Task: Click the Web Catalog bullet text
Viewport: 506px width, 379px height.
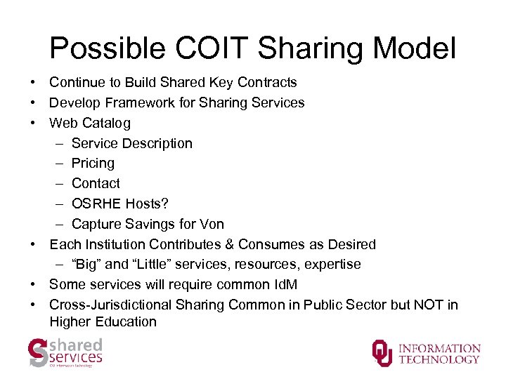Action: [x=90, y=124]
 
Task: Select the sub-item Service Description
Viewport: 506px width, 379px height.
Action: [x=132, y=144]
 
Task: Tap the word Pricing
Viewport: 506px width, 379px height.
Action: [x=93, y=164]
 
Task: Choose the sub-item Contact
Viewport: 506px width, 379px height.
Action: [x=96, y=184]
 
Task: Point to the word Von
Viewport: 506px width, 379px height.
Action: [x=212, y=225]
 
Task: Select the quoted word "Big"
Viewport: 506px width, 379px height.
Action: [x=87, y=265]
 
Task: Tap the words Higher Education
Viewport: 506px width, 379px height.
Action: [x=103, y=322]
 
